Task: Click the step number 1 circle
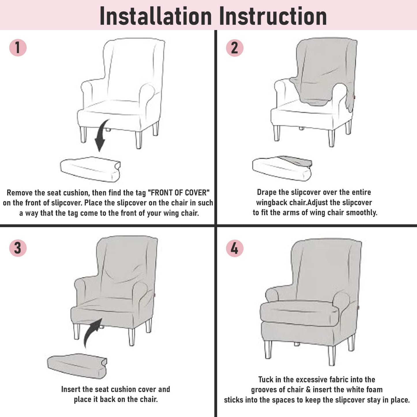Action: click(18, 48)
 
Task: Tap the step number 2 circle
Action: click(235, 48)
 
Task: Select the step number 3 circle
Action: click(18, 248)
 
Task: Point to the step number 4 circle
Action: click(235, 248)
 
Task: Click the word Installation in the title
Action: click(156, 16)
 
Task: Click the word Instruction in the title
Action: click(273, 16)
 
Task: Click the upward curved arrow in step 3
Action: click(92, 333)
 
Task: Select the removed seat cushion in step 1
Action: click(90, 169)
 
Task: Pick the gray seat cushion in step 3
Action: click(77, 366)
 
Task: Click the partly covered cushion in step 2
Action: click(282, 168)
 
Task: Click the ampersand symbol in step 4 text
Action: click(308, 390)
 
